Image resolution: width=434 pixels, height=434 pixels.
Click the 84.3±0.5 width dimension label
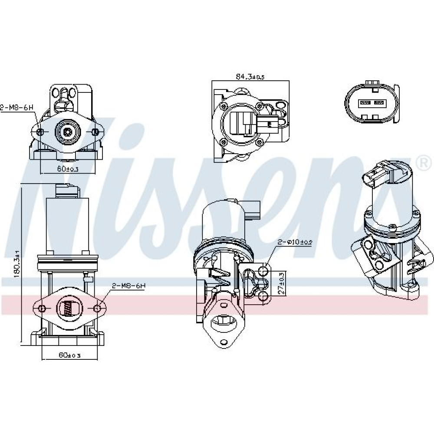click(250, 77)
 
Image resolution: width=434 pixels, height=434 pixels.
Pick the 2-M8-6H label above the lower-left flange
click(128, 285)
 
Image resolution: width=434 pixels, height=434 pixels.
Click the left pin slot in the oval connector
click(364, 103)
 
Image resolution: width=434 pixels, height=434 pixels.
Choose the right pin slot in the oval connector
click(379, 103)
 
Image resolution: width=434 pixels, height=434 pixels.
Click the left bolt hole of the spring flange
click(42, 309)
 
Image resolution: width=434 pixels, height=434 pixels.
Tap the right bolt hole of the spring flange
click(97, 309)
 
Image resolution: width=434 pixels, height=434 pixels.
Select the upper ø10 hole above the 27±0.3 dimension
click(263, 272)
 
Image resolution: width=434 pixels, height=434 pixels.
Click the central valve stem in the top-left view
click(67, 131)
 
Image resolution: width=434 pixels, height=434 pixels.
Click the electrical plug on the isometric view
click(374, 177)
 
